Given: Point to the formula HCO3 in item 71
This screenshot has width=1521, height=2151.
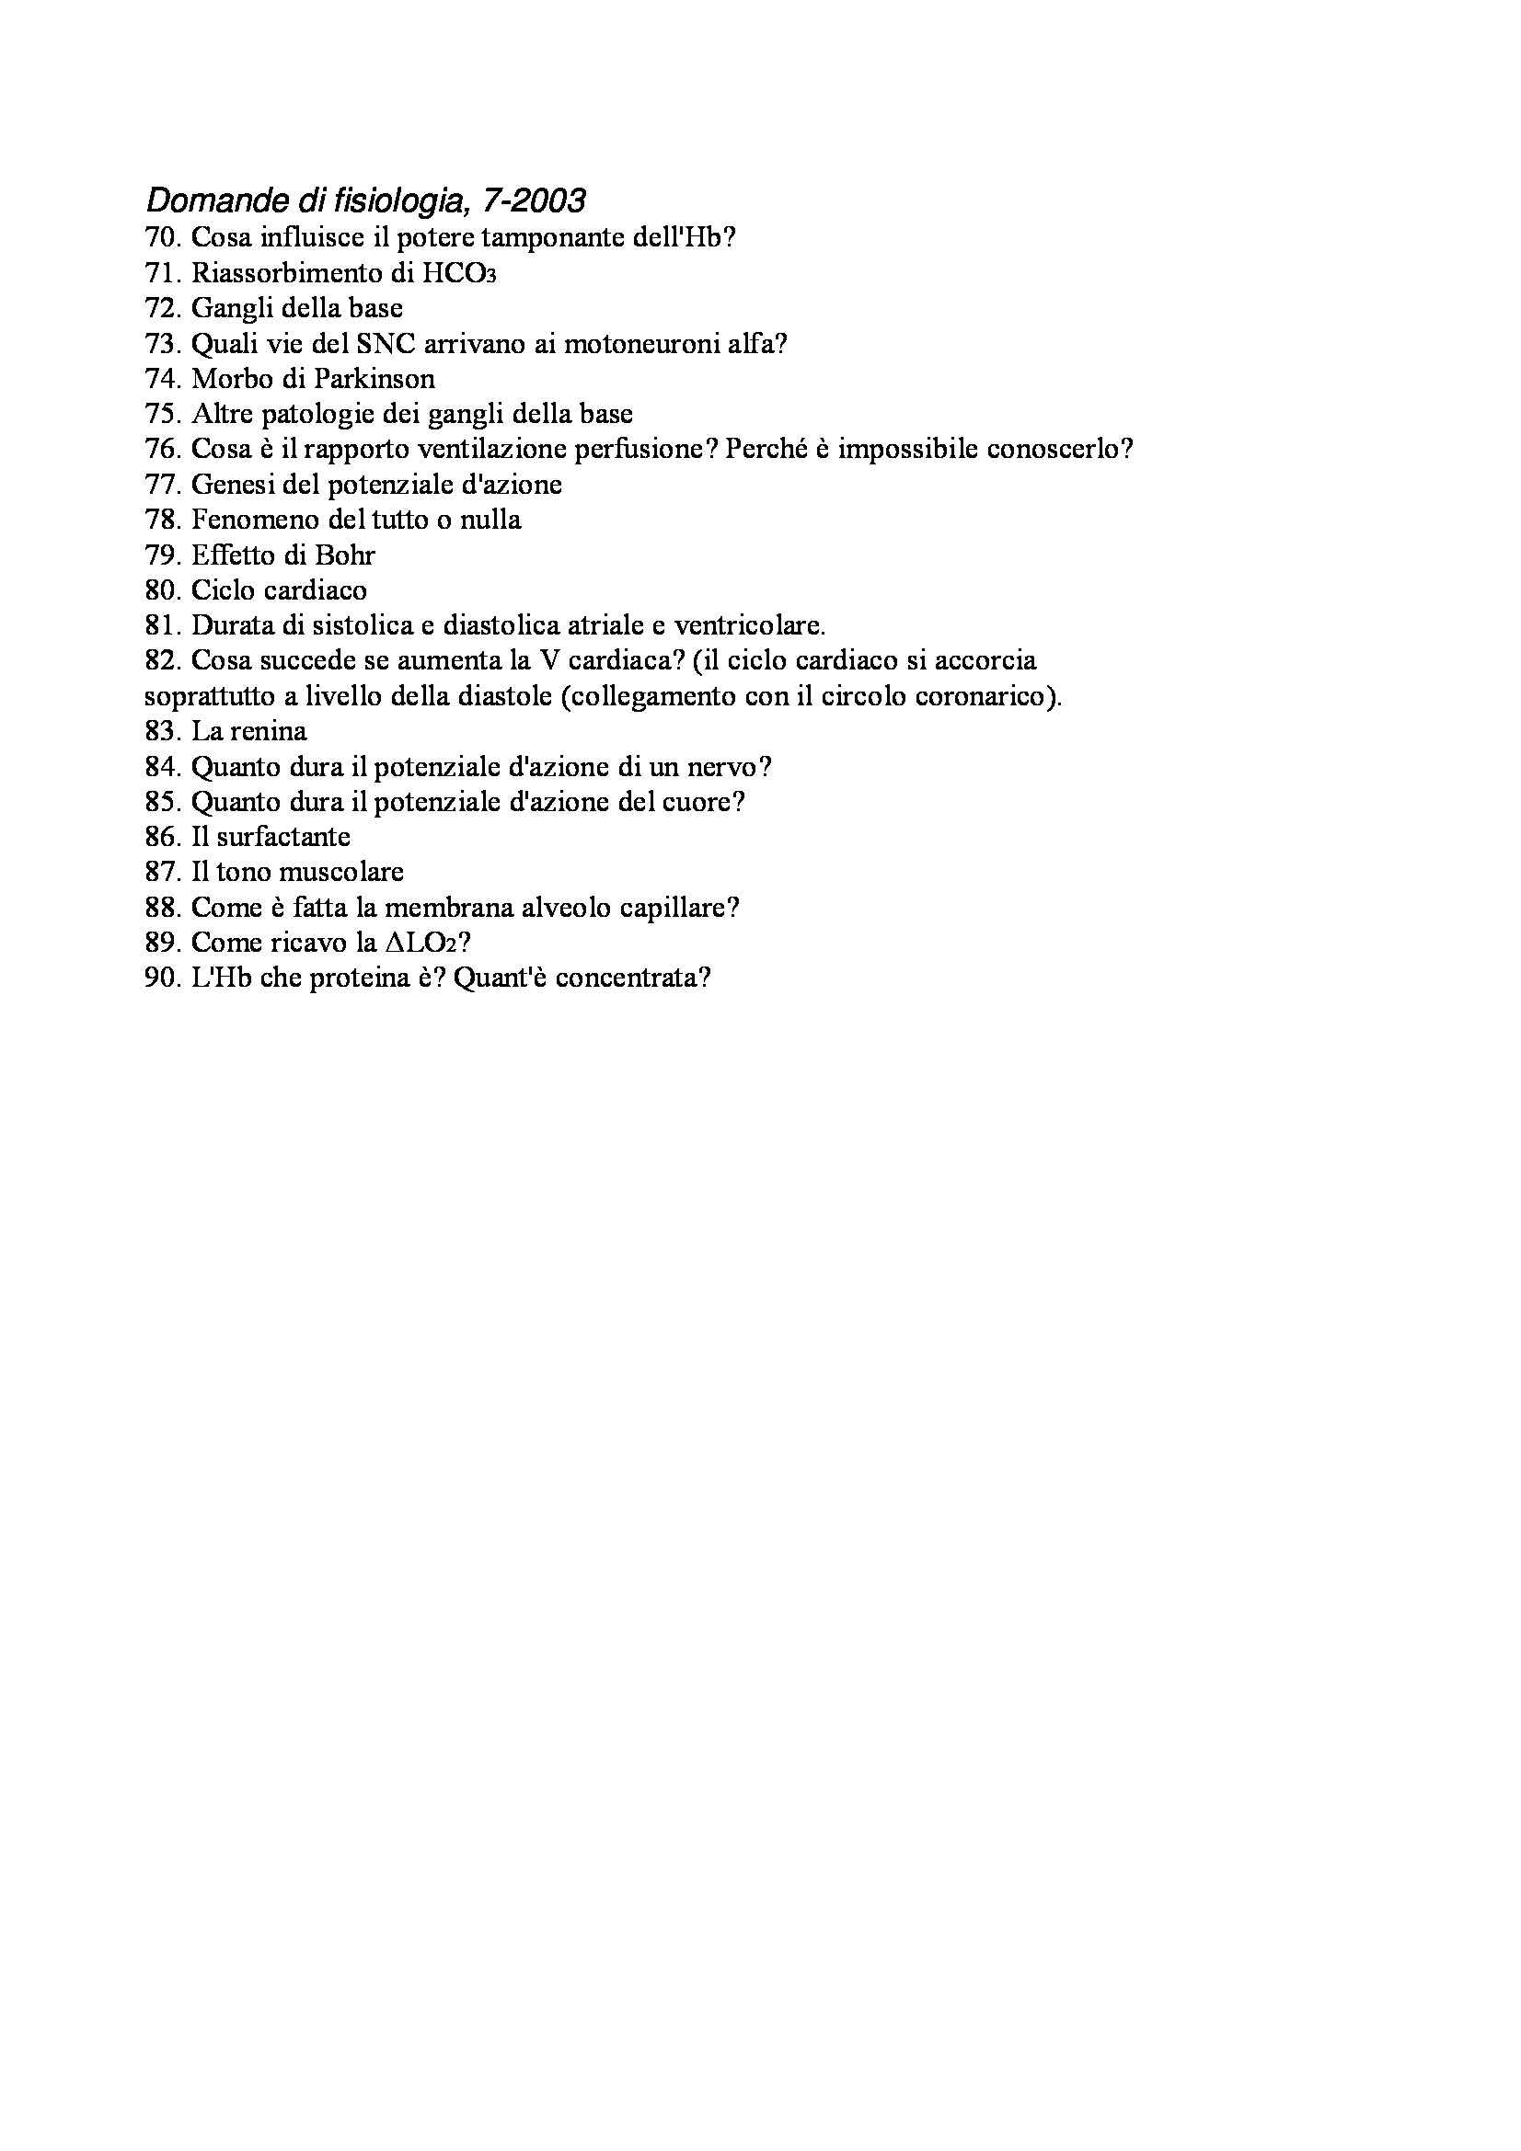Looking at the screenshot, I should click(458, 272).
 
